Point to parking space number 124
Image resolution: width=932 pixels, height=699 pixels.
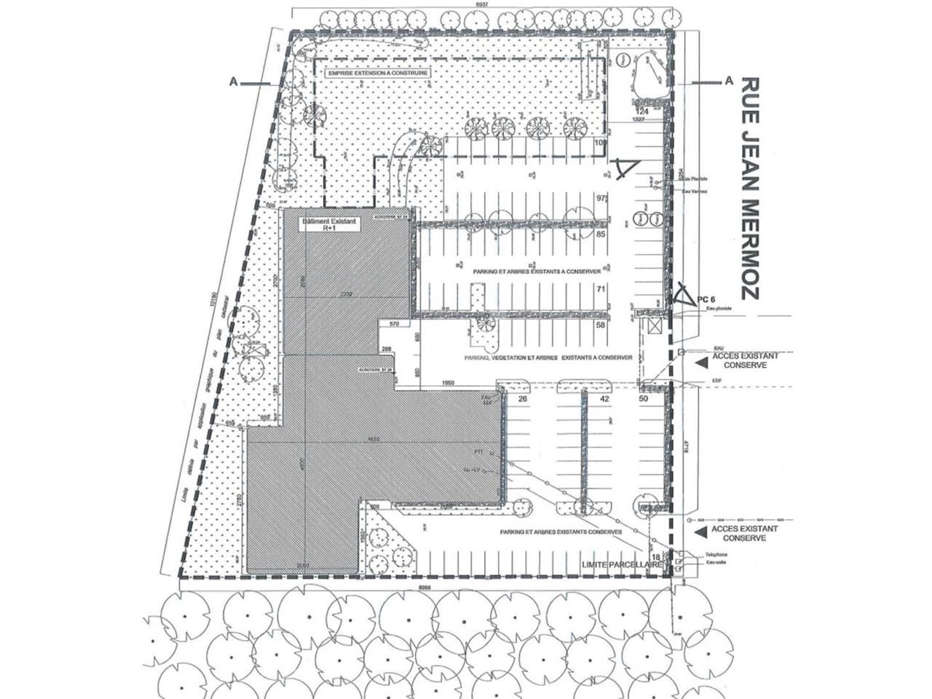[641, 110]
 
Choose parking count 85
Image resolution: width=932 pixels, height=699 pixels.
[601, 235]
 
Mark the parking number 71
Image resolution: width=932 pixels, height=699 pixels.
[601, 289]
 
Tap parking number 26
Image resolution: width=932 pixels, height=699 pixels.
[522, 398]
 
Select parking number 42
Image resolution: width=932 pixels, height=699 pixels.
[604, 398]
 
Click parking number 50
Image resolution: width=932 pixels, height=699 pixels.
[643, 398]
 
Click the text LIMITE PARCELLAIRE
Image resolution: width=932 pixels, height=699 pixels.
[622, 564]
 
